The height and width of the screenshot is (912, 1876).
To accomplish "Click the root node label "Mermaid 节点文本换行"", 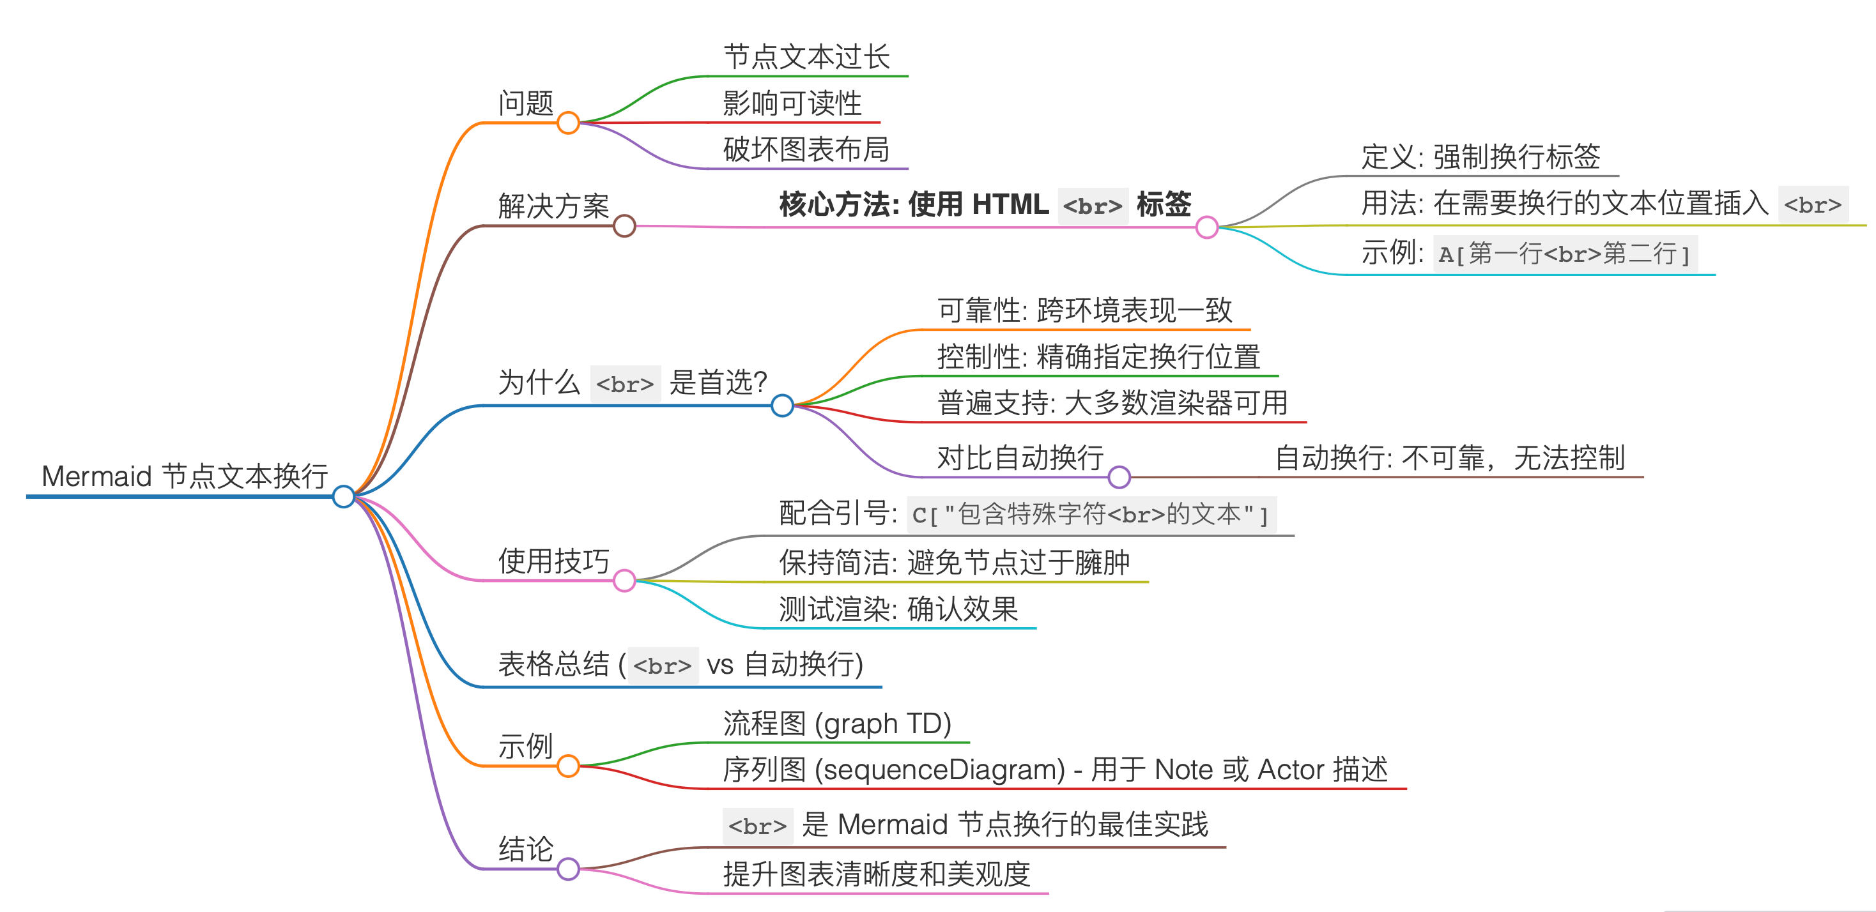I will pyautogui.click(x=184, y=476).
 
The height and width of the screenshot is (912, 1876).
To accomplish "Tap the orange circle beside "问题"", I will pyautogui.click(x=568, y=122).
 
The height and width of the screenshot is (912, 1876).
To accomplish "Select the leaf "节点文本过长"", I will pyautogui.click(x=806, y=57).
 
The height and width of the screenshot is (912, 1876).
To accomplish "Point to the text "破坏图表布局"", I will pyautogui.click(x=806, y=149).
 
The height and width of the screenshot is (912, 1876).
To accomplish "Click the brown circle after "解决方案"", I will pyautogui.click(x=624, y=225).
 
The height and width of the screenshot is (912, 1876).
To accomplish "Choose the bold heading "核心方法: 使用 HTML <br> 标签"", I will pyautogui.click(x=985, y=204).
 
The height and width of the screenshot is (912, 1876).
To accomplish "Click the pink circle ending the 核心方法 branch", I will pyautogui.click(x=1207, y=227).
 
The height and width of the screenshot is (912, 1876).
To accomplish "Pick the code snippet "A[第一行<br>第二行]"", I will pyautogui.click(x=1564, y=254).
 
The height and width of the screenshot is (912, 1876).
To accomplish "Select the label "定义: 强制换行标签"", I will pyautogui.click(x=1480, y=156).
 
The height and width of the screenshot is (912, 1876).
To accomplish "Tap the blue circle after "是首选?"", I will pyautogui.click(x=782, y=406).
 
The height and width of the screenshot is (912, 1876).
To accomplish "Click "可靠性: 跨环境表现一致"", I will pyautogui.click(x=1084, y=310).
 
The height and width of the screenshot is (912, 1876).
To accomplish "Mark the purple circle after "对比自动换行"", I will pyautogui.click(x=1119, y=476).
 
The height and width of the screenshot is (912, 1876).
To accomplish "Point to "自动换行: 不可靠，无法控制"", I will pyautogui.click(x=1449, y=458).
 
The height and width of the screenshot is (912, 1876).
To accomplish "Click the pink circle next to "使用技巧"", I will pyautogui.click(x=624, y=580).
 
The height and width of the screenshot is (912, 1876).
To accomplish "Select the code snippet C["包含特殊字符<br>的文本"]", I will pyautogui.click(x=1090, y=515).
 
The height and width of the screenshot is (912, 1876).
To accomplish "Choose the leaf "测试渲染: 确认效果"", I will pyautogui.click(x=898, y=609).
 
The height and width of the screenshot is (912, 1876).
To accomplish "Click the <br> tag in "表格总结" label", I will pyautogui.click(x=662, y=665).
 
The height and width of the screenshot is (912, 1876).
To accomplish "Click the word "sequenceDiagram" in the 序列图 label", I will pyautogui.click(x=939, y=770).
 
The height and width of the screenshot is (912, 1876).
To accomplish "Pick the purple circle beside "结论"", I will pyautogui.click(x=568, y=869).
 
